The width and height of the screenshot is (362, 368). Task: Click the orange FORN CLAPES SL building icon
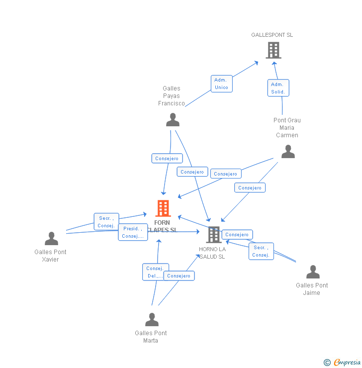click(x=163, y=208)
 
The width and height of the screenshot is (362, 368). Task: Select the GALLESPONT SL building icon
click(x=273, y=50)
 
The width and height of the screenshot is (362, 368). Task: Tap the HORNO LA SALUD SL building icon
click(x=214, y=234)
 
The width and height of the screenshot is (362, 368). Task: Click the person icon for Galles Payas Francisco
click(x=173, y=120)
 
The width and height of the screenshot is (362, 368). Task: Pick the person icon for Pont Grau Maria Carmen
click(x=288, y=152)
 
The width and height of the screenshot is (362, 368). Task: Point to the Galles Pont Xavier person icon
click(x=51, y=239)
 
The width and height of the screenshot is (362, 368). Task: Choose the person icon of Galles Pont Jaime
click(x=313, y=272)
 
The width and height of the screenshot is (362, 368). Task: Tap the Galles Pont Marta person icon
click(x=152, y=320)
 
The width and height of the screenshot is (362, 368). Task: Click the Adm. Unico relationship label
click(x=221, y=84)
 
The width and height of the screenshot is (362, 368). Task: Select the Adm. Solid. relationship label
click(x=278, y=88)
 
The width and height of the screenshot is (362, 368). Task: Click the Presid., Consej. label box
click(x=133, y=232)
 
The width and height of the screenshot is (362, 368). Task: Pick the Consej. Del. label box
click(x=155, y=272)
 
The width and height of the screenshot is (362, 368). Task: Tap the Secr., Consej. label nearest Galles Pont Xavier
click(x=106, y=222)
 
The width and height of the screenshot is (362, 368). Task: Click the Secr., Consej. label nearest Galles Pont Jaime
click(x=261, y=251)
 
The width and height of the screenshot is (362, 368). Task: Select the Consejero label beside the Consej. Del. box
click(x=179, y=276)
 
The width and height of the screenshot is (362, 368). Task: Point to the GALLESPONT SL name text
click(x=272, y=35)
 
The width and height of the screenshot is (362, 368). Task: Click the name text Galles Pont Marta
click(x=151, y=337)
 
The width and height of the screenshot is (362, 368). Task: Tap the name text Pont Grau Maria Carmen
click(x=287, y=127)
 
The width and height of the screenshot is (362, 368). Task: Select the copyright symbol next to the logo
click(x=327, y=363)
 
